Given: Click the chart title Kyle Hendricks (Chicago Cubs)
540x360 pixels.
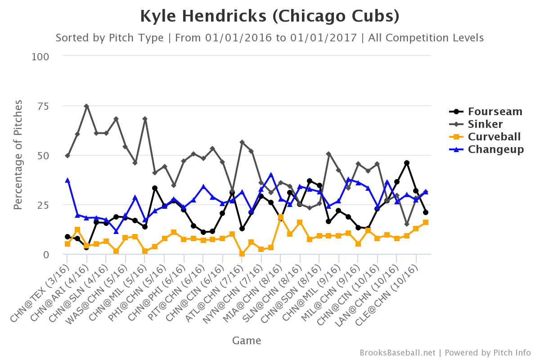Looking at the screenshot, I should [x=270, y=17].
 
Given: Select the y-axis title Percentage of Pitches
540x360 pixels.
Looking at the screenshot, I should [x=18, y=155].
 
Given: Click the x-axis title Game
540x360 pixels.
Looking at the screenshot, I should [x=247, y=341].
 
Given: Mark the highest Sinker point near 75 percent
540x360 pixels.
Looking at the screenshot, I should [x=86, y=106].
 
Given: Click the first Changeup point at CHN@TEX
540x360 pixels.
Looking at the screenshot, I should [x=67, y=180].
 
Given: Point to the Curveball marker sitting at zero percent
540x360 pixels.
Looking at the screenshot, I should [x=242, y=254].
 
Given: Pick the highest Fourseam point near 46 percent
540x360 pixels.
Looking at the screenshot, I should [x=407, y=163].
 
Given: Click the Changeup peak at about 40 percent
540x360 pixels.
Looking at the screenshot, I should [x=271, y=175].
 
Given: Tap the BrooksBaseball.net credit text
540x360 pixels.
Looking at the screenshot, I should [x=397, y=353].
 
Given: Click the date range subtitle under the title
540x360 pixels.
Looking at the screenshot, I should [x=270, y=38].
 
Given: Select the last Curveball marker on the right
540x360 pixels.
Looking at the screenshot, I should [x=426, y=222].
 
